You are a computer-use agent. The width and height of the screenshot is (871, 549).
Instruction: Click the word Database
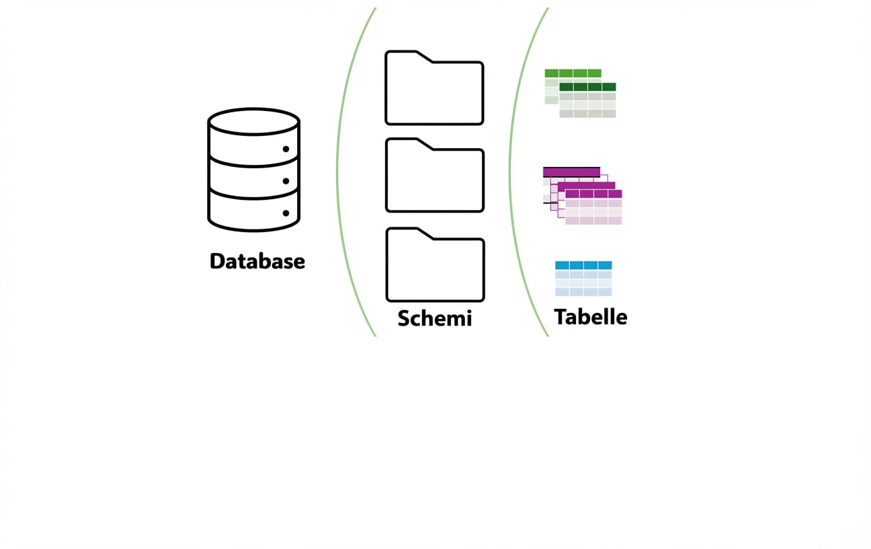click(257, 261)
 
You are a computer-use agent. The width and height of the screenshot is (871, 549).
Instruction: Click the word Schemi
click(434, 318)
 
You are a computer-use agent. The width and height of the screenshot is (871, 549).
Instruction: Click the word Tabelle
click(590, 316)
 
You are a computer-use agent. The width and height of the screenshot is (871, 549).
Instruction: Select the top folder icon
click(434, 91)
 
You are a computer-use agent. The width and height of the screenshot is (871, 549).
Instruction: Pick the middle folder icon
click(434, 178)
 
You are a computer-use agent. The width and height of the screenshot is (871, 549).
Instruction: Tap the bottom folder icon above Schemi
click(435, 268)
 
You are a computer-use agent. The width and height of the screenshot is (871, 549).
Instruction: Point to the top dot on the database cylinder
click(286, 149)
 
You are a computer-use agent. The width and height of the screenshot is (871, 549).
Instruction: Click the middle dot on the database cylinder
click(286, 181)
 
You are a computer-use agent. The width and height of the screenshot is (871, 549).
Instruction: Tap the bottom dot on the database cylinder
click(286, 213)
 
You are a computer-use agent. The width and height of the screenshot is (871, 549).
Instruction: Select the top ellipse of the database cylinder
click(253, 122)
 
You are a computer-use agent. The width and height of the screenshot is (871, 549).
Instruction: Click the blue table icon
click(583, 279)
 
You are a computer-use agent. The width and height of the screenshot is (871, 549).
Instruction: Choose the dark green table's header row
click(587, 87)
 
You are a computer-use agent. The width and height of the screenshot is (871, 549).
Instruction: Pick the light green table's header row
click(573, 73)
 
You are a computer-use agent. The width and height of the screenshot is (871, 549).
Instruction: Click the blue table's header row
click(583, 265)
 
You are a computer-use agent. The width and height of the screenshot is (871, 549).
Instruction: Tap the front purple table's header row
click(593, 194)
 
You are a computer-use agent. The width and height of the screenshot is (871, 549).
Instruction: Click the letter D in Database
click(217, 261)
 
